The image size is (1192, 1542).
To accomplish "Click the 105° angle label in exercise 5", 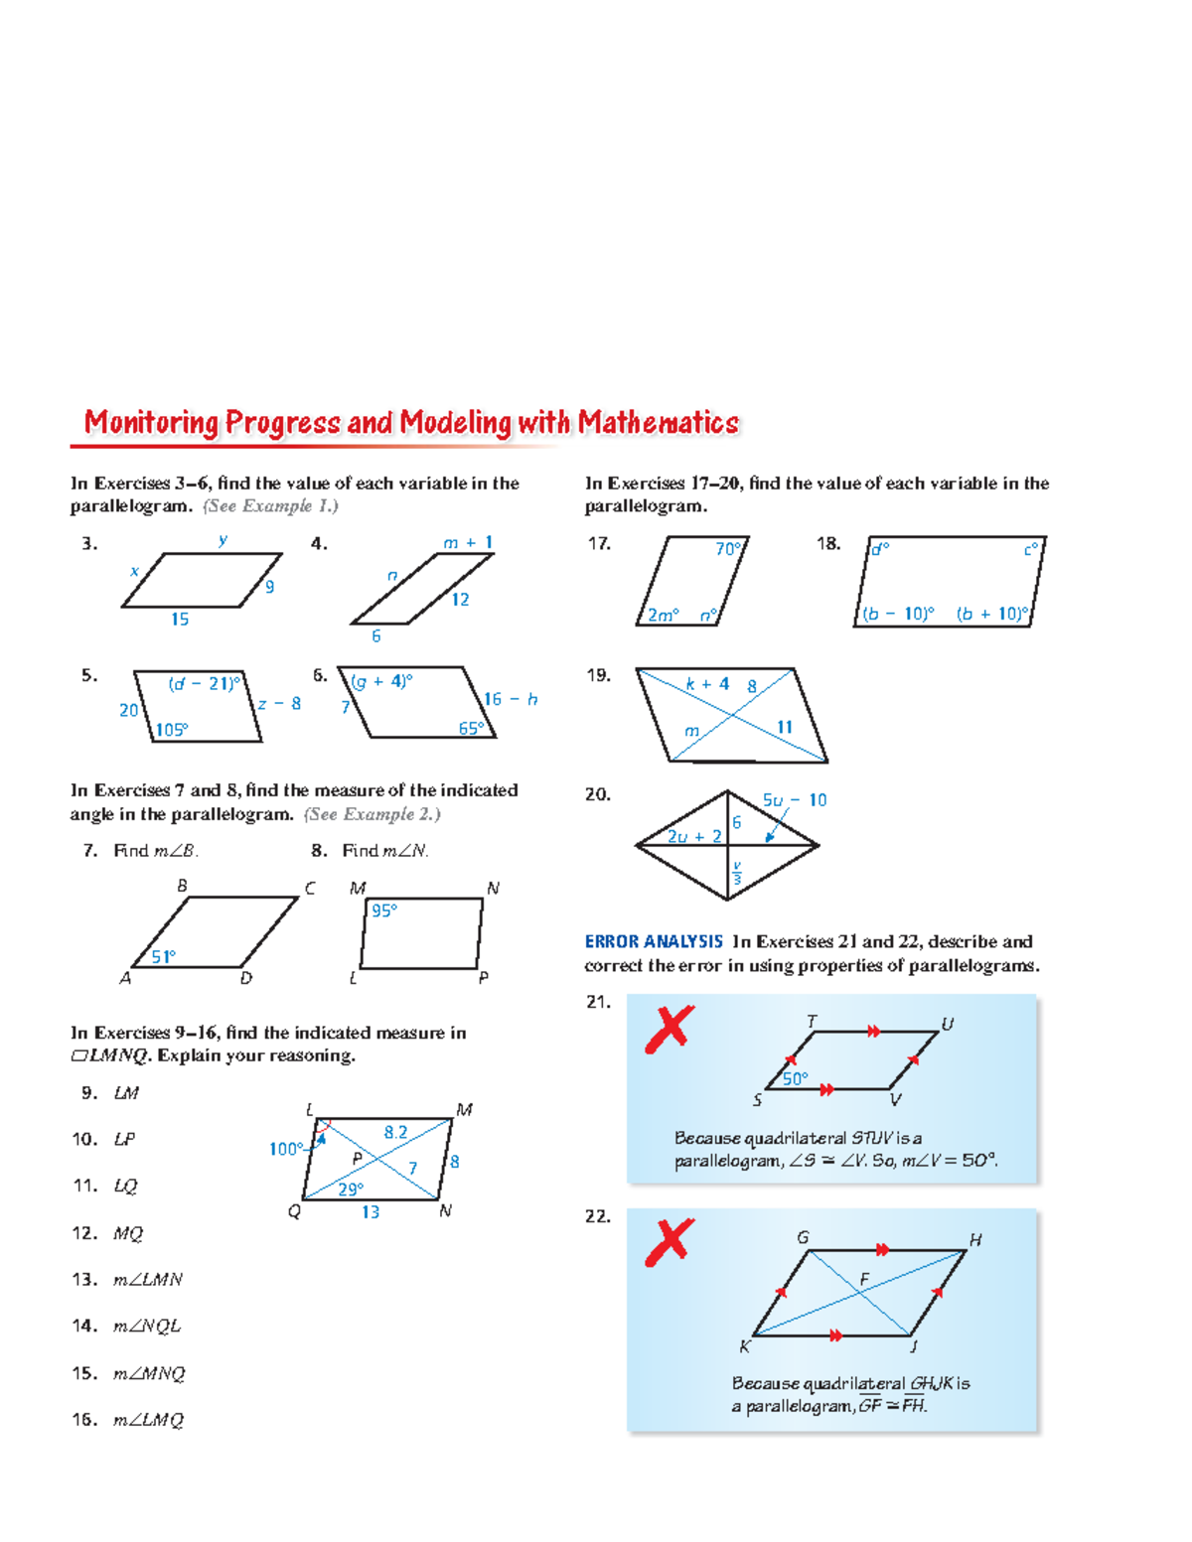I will coord(172,730).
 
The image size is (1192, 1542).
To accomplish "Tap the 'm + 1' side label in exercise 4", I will coord(468,543).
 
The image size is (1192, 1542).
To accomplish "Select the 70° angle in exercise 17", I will coord(728,549).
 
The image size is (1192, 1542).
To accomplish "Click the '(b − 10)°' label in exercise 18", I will coord(898,614).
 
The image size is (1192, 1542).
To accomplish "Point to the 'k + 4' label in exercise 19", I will coord(707,684).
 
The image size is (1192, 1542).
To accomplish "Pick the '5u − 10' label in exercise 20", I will coord(794,800).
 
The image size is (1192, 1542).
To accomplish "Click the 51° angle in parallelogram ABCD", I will coord(163,956).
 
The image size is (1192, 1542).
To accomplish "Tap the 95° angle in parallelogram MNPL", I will coord(383,911).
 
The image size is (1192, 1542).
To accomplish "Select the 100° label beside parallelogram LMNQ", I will coord(286,1149).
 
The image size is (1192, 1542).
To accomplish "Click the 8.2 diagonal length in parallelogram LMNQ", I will coord(395,1132).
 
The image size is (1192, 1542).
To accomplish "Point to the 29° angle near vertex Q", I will coord(351,1189).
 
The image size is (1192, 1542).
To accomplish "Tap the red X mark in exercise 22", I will coord(670,1242).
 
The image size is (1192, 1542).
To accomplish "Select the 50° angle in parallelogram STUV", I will coord(796,1078).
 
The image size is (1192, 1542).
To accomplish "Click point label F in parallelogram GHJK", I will coord(864,1280).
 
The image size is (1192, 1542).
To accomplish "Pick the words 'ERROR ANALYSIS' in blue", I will coord(654,941).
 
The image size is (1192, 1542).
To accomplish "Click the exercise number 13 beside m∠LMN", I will coord(84,1280).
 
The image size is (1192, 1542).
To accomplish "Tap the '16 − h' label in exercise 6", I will coord(511,700).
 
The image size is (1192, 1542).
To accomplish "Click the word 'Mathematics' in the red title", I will coord(659,423).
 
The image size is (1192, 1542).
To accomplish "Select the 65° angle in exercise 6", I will coord(471,728).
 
